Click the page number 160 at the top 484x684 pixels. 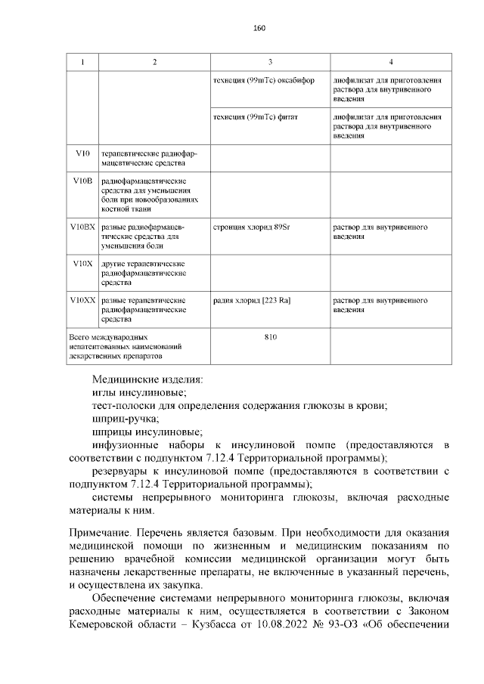(x=259, y=28)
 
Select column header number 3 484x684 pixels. (x=270, y=61)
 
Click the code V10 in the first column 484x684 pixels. (x=83, y=153)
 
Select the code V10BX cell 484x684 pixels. (x=83, y=227)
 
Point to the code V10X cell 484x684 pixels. (x=83, y=264)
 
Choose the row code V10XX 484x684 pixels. (x=83, y=301)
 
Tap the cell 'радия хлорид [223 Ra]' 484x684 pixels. (x=252, y=301)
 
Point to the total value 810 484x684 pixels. (x=270, y=337)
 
